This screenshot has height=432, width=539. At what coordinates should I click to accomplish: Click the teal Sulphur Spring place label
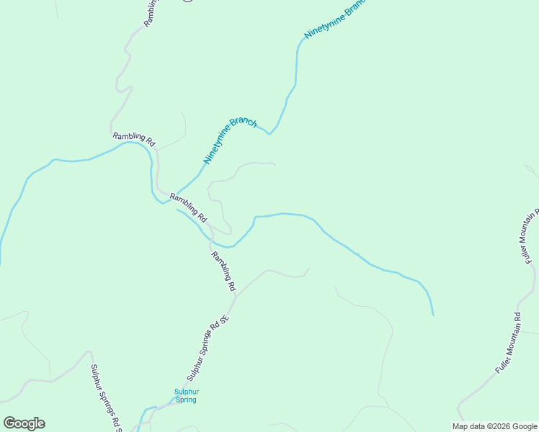click(x=185, y=396)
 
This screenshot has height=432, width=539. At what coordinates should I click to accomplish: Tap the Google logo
click(x=24, y=423)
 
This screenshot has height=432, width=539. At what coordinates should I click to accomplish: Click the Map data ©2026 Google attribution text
click(x=494, y=426)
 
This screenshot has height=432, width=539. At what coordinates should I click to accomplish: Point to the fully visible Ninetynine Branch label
click(x=230, y=140)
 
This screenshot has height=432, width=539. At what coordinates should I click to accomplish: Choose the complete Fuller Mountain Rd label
click(x=508, y=343)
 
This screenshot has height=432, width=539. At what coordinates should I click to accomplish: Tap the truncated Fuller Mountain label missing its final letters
click(x=528, y=238)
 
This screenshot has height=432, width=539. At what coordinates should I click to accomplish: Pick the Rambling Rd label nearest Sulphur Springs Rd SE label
click(x=223, y=270)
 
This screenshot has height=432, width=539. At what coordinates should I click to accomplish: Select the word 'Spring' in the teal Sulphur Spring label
click(x=185, y=400)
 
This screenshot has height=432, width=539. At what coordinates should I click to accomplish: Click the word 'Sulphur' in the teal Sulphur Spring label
click(x=185, y=392)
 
